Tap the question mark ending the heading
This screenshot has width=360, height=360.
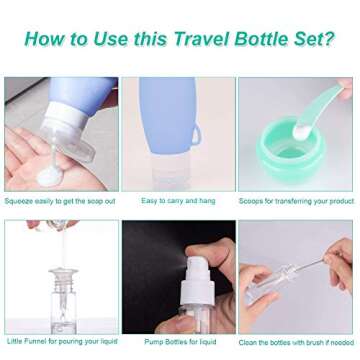[x=330, y=40]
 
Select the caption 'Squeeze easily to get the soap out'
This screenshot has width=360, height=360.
[x=60, y=201]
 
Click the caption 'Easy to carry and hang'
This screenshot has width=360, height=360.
[x=177, y=201]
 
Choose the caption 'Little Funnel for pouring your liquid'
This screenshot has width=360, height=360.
[x=60, y=343]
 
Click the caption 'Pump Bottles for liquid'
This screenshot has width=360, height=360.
[x=180, y=343]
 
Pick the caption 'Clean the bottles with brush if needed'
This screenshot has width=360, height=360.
[x=296, y=343]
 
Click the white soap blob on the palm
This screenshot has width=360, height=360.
[x=48, y=174]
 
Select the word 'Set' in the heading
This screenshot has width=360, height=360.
[x=310, y=40]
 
